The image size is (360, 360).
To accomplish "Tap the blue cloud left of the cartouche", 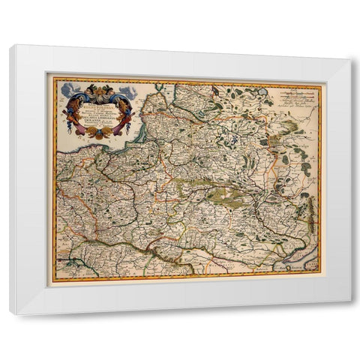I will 67,89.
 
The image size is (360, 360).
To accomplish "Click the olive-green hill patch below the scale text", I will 289,127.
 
